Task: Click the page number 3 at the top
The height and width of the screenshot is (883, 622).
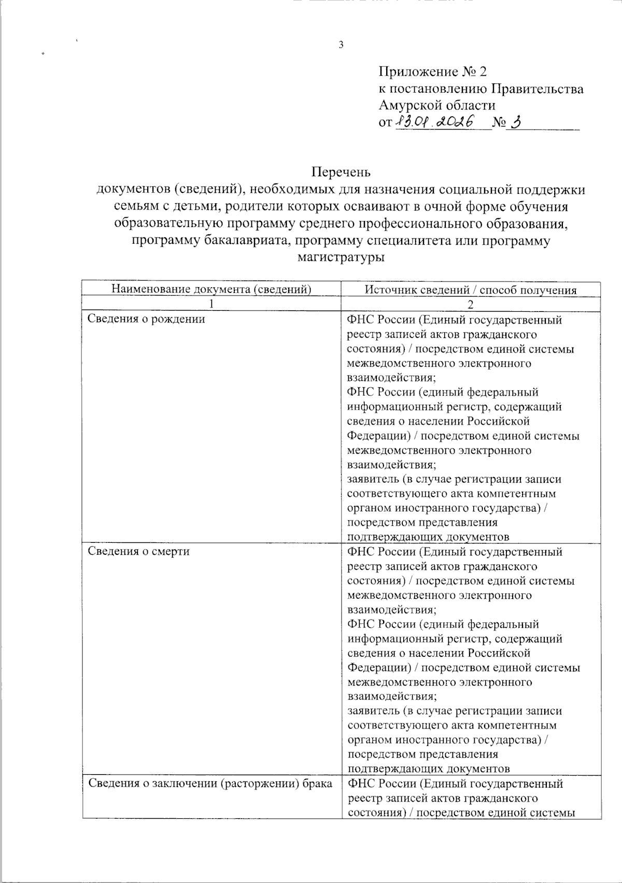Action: coord(341,45)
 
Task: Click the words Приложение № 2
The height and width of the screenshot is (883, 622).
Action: coord(433,72)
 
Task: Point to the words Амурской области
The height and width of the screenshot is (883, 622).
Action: coord(437,105)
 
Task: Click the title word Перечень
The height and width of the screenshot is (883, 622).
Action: coord(341,171)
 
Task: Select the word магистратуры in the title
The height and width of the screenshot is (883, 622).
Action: coord(341,257)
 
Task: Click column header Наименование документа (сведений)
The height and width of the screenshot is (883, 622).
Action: coord(211,290)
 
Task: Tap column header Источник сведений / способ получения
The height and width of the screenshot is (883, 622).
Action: coord(471,290)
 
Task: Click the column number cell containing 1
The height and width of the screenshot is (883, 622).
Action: coord(211,304)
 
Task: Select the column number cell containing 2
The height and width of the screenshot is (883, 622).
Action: coord(471,304)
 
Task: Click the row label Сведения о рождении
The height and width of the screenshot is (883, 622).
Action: coord(146,319)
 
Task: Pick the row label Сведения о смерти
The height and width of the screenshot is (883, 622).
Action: coord(138,551)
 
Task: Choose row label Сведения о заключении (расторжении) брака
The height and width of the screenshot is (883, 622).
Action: coord(210,783)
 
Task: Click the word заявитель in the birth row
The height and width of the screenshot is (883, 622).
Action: coord(370,479)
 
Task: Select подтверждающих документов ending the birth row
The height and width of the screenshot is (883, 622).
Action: coord(428,536)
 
